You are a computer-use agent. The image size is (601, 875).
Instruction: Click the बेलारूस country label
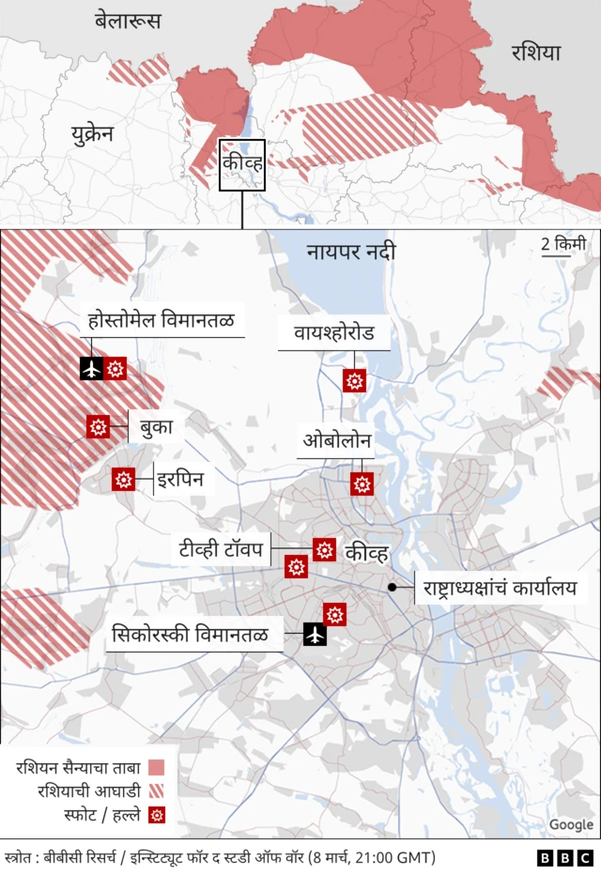(x=128, y=20)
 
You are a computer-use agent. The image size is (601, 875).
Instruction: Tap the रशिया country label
(x=535, y=53)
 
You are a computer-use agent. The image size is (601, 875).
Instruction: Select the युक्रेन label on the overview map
(x=92, y=133)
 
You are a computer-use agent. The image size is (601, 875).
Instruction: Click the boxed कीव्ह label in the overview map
(x=243, y=164)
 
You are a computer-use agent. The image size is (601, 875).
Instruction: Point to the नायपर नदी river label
(x=350, y=252)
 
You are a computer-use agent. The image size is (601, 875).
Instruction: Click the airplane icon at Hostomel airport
(x=92, y=369)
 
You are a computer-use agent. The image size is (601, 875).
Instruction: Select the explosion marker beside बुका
(x=98, y=426)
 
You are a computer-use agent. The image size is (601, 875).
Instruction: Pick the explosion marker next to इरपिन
(x=123, y=480)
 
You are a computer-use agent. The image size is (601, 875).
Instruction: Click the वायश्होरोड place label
(x=333, y=332)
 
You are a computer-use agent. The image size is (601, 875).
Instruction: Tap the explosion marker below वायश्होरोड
(x=354, y=380)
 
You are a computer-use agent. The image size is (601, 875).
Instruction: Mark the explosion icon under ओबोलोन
(x=362, y=484)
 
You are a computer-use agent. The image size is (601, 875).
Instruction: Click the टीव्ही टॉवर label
(x=221, y=547)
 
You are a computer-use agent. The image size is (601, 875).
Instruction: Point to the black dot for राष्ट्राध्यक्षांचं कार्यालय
(x=393, y=588)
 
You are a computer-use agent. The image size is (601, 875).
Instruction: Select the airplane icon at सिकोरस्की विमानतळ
(x=315, y=636)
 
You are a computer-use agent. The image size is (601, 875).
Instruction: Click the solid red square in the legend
(x=157, y=768)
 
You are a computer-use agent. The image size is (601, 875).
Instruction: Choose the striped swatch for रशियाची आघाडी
(x=157, y=791)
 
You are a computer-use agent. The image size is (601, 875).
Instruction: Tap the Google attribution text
(x=571, y=825)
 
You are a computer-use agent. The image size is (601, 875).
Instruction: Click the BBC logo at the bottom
(x=564, y=858)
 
